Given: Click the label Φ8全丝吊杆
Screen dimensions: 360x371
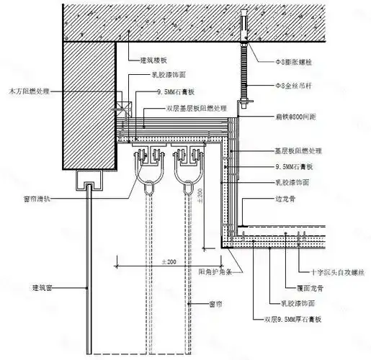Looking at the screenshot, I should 292,86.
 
